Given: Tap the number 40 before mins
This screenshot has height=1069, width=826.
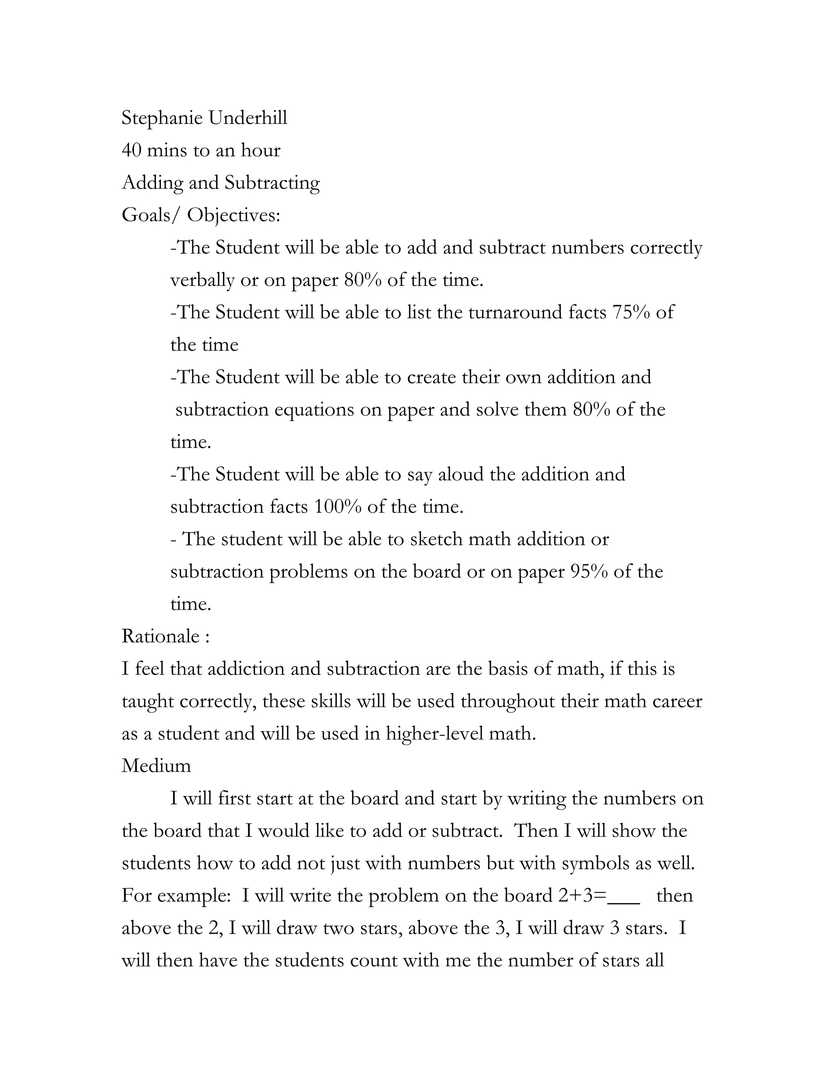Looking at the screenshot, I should tap(131, 150).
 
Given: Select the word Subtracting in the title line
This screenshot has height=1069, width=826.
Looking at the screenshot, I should tap(272, 183).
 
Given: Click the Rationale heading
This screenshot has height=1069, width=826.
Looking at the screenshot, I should tap(161, 636).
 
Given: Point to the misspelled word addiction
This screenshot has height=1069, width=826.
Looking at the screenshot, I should tap(246, 668).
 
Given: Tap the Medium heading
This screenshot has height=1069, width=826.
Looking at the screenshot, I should tap(156, 766).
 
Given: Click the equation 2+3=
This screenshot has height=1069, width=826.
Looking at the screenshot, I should tap(582, 896).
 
